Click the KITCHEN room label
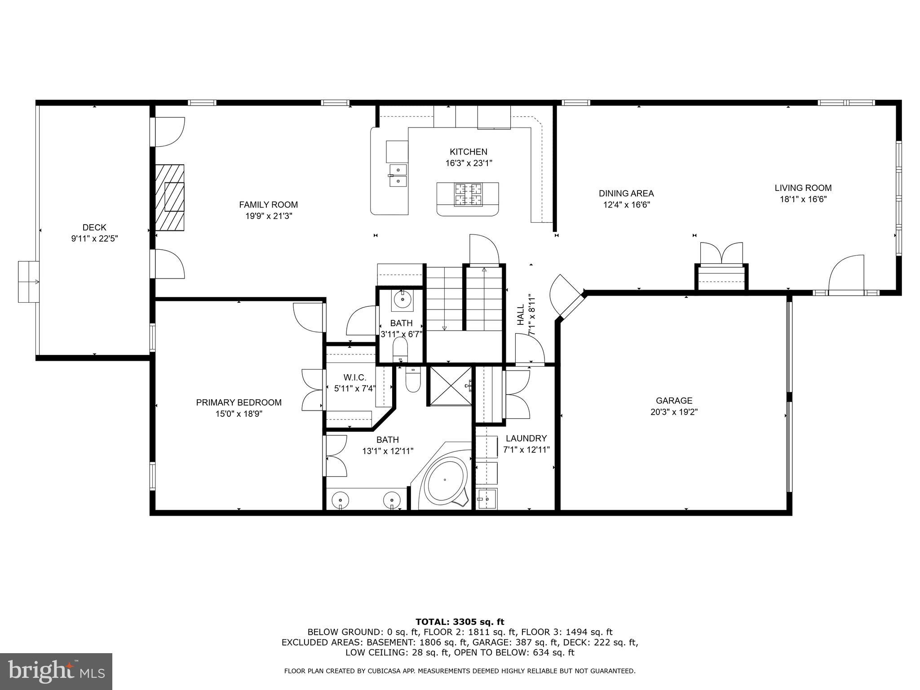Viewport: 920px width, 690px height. pos(469,152)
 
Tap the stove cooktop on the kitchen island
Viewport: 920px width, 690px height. pos(468,195)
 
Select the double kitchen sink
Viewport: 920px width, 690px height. pos(398,175)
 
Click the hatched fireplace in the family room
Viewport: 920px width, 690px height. pos(170,198)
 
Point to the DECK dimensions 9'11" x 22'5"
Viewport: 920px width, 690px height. pos(94,239)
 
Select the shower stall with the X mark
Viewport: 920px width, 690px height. pos(451,385)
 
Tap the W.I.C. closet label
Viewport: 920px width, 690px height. pos(355,378)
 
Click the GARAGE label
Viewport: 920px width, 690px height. pos(674,400)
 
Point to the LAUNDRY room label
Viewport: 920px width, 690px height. pos(526,438)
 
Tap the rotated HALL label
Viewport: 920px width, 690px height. pos(521,314)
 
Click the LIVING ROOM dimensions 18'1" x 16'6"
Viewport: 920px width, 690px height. pos(803,199)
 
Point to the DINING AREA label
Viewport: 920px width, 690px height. pos(626,194)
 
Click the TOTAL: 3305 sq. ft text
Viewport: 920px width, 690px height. pos(460,622)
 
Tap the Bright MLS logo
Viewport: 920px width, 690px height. pos(56,671)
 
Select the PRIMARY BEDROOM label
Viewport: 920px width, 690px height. pos(239,402)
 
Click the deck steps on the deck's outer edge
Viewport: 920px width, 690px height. pos(28,282)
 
